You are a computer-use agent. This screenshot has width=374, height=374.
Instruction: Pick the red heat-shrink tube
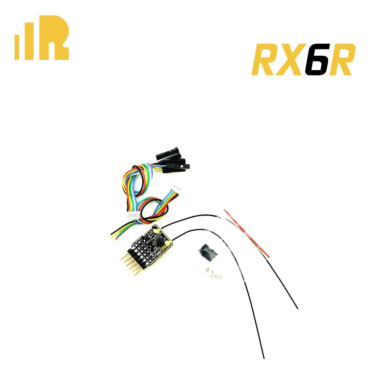click(247, 234)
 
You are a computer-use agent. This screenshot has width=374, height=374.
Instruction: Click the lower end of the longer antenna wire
click(263, 358)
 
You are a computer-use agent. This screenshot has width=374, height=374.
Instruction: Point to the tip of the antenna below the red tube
click(297, 308)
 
